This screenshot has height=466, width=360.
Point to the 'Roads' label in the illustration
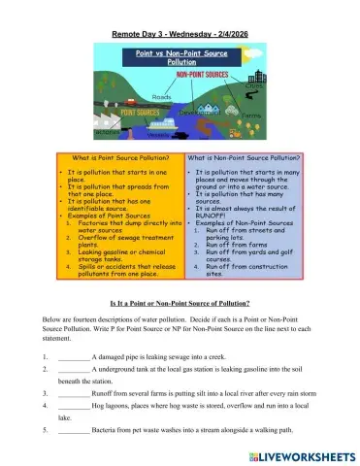pyautogui.click(x=162, y=97)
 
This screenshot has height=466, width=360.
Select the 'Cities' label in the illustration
pyautogui.click(x=254, y=86)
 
